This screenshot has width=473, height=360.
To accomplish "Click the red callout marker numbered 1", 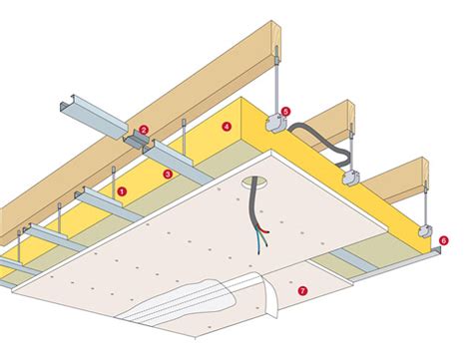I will (x=122, y=187).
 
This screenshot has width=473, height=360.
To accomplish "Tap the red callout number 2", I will (x=145, y=130).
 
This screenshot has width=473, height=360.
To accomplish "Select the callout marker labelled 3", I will (x=169, y=175).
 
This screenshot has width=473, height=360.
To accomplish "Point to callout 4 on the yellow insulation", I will (x=228, y=127).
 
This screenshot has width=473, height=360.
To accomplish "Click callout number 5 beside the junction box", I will (x=285, y=112).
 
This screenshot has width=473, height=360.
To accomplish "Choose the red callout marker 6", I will (x=443, y=239).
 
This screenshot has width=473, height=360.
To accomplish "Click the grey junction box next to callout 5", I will (x=272, y=125).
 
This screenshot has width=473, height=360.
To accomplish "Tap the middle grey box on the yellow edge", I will (x=351, y=180).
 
